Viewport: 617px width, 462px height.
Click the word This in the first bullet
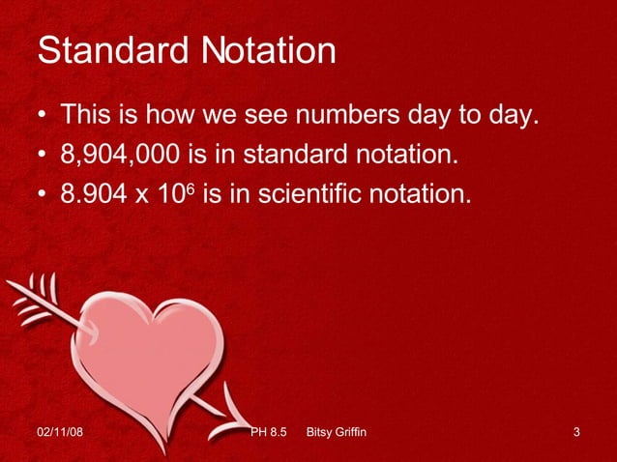pos(87,118)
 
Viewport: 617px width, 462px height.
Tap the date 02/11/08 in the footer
pos(59,431)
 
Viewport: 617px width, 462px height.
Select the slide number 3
pos(576,431)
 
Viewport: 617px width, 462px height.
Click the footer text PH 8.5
pos(270,431)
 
